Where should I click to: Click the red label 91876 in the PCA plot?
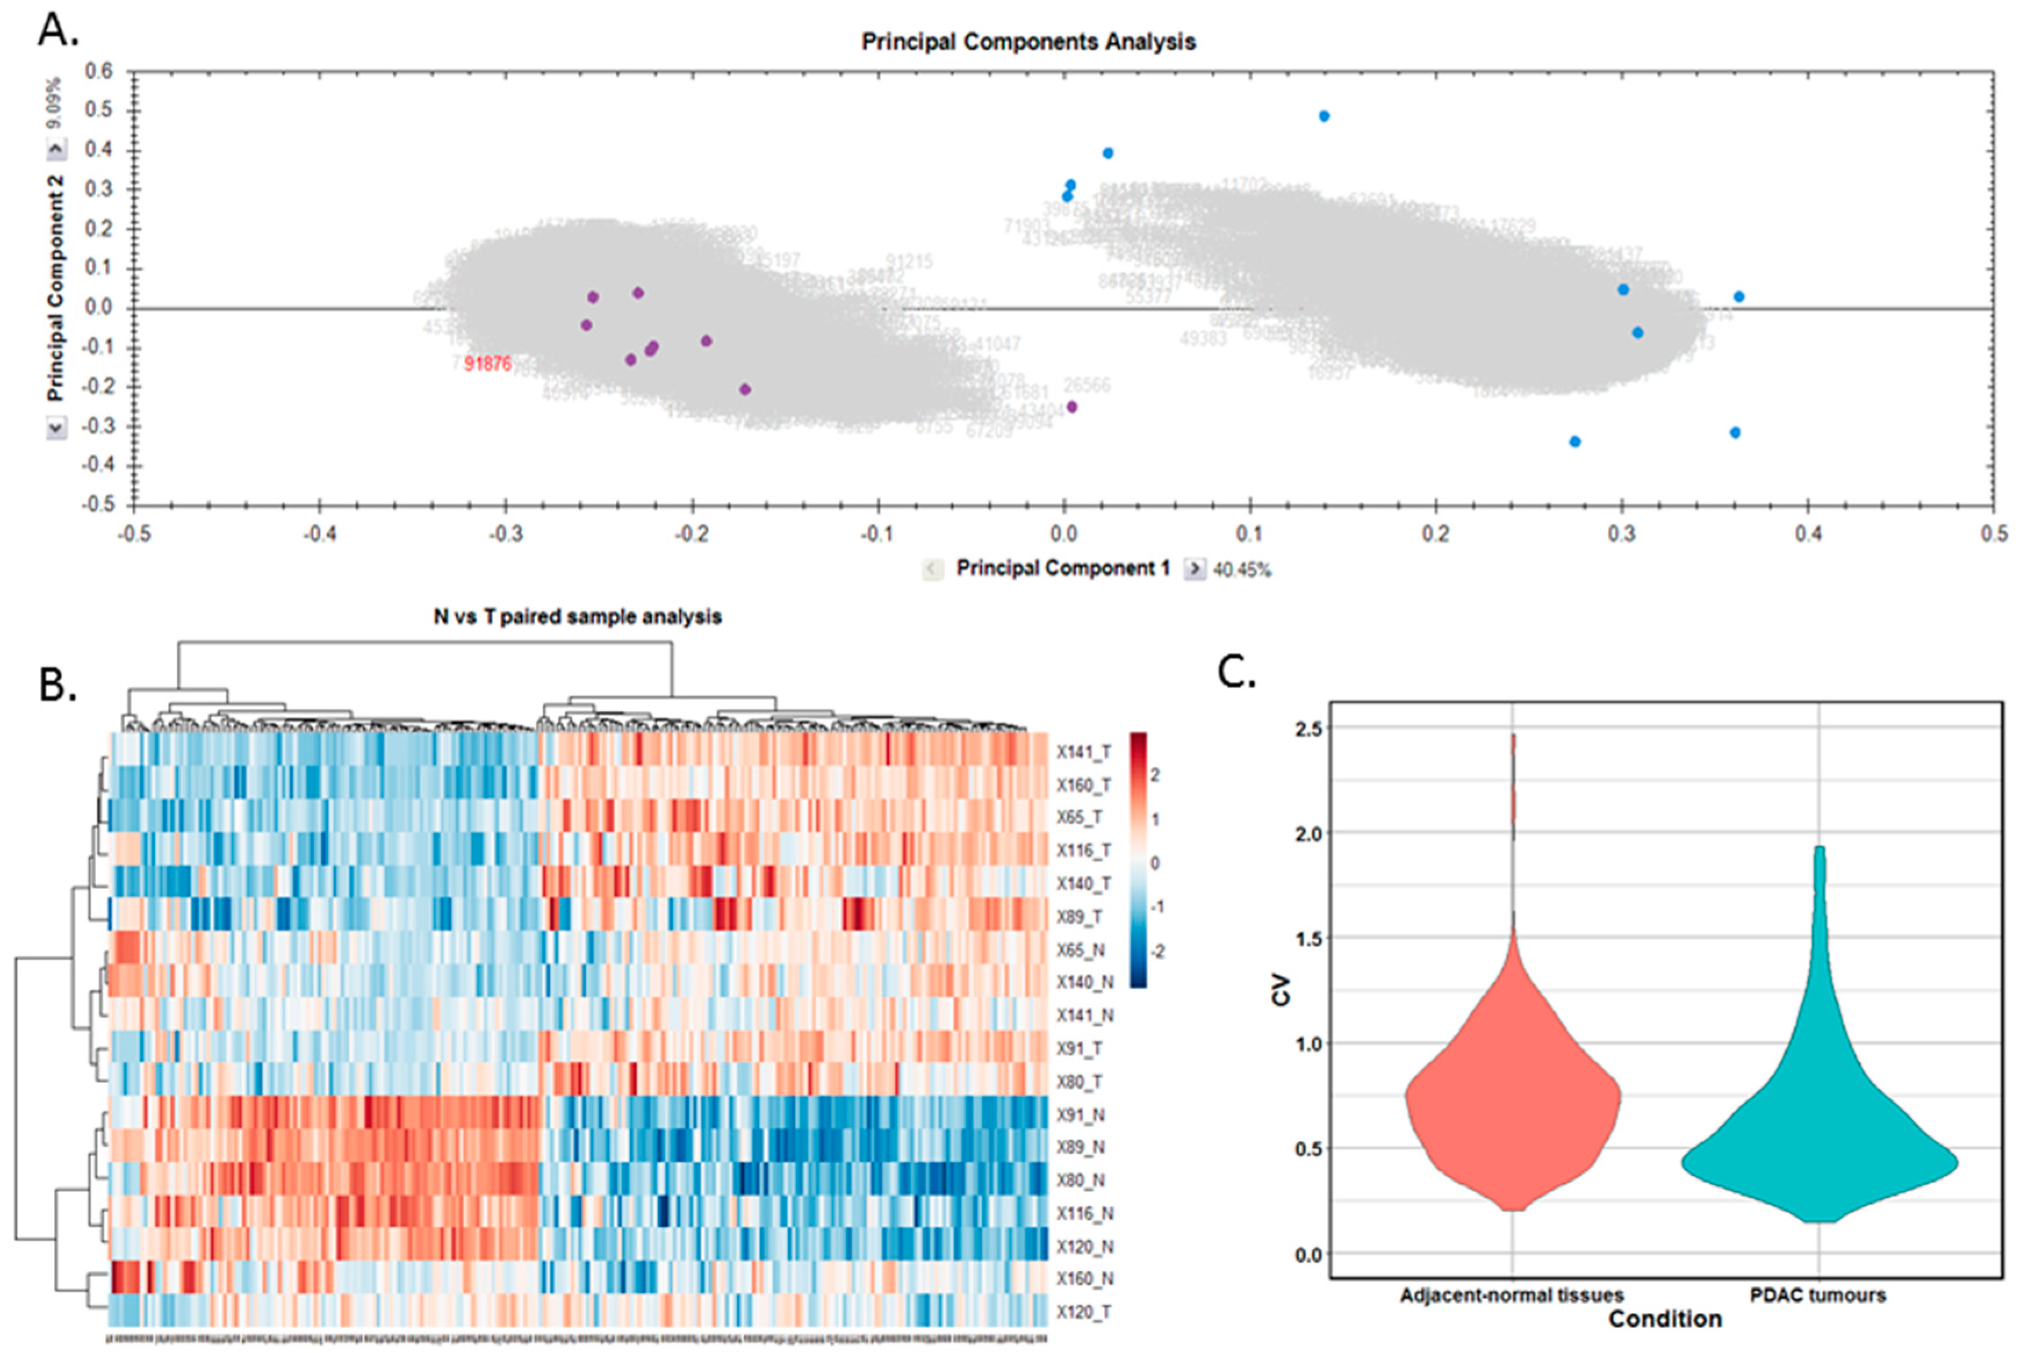pyautogui.click(x=487, y=364)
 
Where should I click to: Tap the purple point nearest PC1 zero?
pyautogui.click(x=1071, y=407)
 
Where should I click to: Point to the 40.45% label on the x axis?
pyautogui.click(x=1242, y=570)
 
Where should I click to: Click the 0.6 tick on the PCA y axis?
pyautogui.click(x=99, y=71)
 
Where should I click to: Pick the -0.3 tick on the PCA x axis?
pyautogui.click(x=506, y=534)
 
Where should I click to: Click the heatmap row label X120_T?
pyautogui.click(x=1084, y=1312)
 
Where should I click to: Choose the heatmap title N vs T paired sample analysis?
pyautogui.click(x=577, y=617)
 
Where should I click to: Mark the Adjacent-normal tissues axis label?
pyautogui.click(x=1512, y=1295)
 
